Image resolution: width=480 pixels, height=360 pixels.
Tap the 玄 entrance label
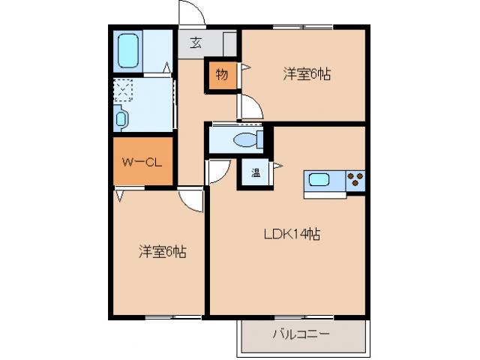(x=195, y=43)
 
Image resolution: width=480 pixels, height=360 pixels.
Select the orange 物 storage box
(x=222, y=74)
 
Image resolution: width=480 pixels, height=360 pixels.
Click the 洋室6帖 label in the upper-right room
(x=307, y=74)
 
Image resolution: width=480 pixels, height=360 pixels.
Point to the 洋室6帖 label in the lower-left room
(x=160, y=252)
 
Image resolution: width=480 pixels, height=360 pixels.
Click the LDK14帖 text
(x=291, y=234)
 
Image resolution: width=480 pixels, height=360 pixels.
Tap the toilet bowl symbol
(x=244, y=139)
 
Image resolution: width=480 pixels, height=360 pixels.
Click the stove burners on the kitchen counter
(x=355, y=181)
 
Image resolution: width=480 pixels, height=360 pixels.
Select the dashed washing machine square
(x=123, y=91)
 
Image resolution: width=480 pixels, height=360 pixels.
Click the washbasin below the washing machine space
(x=121, y=118)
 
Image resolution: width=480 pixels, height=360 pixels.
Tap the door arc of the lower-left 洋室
(x=193, y=199)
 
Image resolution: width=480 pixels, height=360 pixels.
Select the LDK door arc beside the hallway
(x=217, y=172)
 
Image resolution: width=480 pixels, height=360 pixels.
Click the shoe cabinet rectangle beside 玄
(x=229, y=43)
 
